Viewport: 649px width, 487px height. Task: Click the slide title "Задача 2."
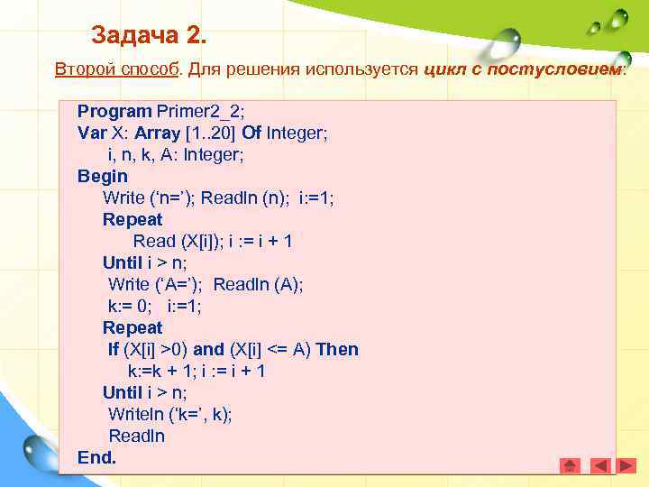149,37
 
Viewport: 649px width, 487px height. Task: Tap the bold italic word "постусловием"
553,69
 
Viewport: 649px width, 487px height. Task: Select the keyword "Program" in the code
114,111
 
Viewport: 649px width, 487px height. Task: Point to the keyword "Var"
92,133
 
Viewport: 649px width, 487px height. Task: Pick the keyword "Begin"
103,176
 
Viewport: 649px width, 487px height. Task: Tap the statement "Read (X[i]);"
183,241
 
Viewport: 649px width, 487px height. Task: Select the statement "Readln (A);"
259,284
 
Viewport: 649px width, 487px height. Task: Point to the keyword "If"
114,349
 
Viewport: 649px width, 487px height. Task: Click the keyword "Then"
337,349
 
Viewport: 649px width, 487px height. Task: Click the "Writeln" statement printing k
169,414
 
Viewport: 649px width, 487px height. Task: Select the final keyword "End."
97,457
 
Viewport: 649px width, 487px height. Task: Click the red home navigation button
570,465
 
